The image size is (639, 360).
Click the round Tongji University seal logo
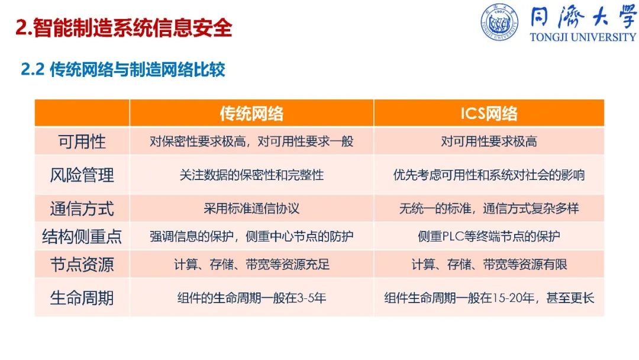point(499,22)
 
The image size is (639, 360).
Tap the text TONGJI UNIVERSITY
point(583,37)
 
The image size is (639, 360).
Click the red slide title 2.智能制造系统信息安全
point(124,28)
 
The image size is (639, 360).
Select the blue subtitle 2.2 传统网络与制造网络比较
point(123,69)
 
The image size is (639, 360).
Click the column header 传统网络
point(251,113)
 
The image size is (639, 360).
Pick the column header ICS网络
point(489,113)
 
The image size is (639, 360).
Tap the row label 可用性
point(82,142)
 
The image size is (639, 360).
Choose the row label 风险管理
point(82,175)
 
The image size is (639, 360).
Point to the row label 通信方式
point(82,209)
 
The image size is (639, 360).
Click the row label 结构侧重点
point(82,236)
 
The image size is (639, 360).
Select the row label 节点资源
point(82,265)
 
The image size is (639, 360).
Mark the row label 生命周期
point(82,298)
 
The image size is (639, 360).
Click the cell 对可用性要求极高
point(489,142)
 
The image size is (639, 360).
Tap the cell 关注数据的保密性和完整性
point(251,175)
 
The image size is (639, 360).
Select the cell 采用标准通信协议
point(251,208)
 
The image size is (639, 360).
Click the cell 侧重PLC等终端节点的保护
point(489,236)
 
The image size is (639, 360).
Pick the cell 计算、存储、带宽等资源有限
point(489,264)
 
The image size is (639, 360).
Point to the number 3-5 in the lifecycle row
point(306,298)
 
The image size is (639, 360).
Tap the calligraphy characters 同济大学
point(583,17)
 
